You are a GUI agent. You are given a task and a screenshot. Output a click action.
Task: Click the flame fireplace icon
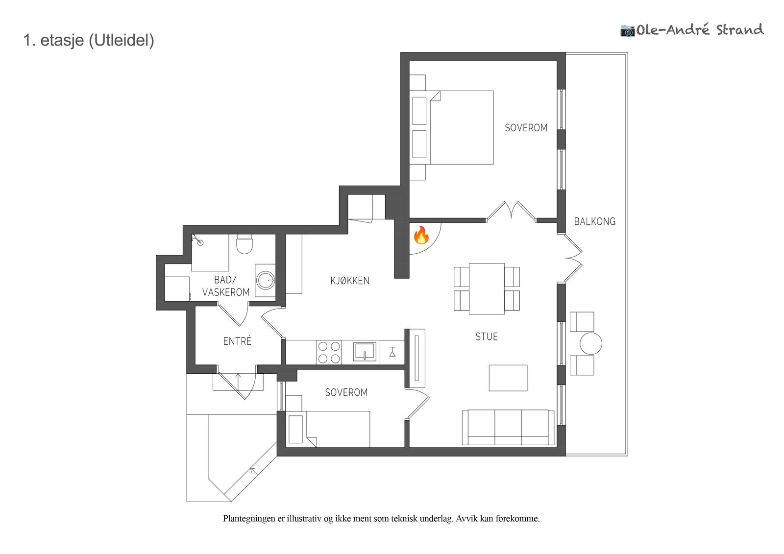[421, 235]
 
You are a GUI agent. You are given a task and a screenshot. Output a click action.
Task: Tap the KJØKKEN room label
[350, 281]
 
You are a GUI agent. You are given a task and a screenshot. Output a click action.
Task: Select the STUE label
[487, 337]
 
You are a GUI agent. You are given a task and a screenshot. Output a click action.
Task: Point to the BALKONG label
[595, 221]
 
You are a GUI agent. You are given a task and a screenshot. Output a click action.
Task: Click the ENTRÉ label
[237, 341]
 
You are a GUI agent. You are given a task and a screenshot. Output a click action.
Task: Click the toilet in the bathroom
[245, 244]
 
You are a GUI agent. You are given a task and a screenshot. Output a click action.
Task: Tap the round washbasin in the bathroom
[266, 280]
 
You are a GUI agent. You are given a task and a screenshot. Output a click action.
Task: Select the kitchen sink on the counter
[365, 351]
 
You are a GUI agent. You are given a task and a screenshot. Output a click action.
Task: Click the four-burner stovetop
[329, 352]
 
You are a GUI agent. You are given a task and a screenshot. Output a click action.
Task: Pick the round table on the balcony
[591, 343]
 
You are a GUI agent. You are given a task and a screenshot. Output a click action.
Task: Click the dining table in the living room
[487, 289]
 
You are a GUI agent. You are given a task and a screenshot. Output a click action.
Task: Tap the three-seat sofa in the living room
[508, 427]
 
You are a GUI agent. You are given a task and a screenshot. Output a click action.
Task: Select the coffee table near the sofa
[508, 378]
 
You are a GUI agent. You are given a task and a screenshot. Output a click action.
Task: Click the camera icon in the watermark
[628, 31]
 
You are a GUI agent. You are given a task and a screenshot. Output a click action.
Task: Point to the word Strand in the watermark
[740, 30]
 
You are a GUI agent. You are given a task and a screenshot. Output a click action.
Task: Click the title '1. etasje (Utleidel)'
[89, 40]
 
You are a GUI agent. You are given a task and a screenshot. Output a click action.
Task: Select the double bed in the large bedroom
[451, 127]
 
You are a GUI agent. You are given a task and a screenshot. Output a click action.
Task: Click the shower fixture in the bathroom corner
[197, 240]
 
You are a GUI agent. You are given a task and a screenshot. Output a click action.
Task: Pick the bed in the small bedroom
[328, 429]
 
